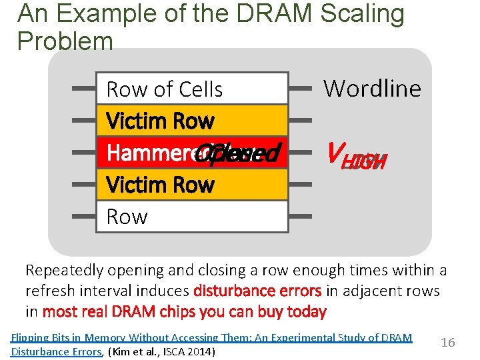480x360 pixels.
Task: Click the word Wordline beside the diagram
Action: (x=372, y=88)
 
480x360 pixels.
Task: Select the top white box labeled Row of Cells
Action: (x=192, y=89)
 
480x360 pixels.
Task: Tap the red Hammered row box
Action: (x=192, y=153)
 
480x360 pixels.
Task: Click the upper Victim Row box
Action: (x=192, y=121)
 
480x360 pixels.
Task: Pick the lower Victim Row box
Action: (x=192, y=185)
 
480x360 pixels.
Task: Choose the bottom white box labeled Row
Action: (x=192, y=217)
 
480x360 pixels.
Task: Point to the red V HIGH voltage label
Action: (x=353, y=155)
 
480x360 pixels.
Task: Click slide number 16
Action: (x=448, y=342)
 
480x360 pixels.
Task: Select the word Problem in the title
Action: (x=65, y=41)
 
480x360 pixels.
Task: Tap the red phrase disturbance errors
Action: (x=256, y=291)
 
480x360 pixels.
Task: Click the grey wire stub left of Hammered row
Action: (x=84, y=153)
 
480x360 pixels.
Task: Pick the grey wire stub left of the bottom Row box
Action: (x=84, y=217)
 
